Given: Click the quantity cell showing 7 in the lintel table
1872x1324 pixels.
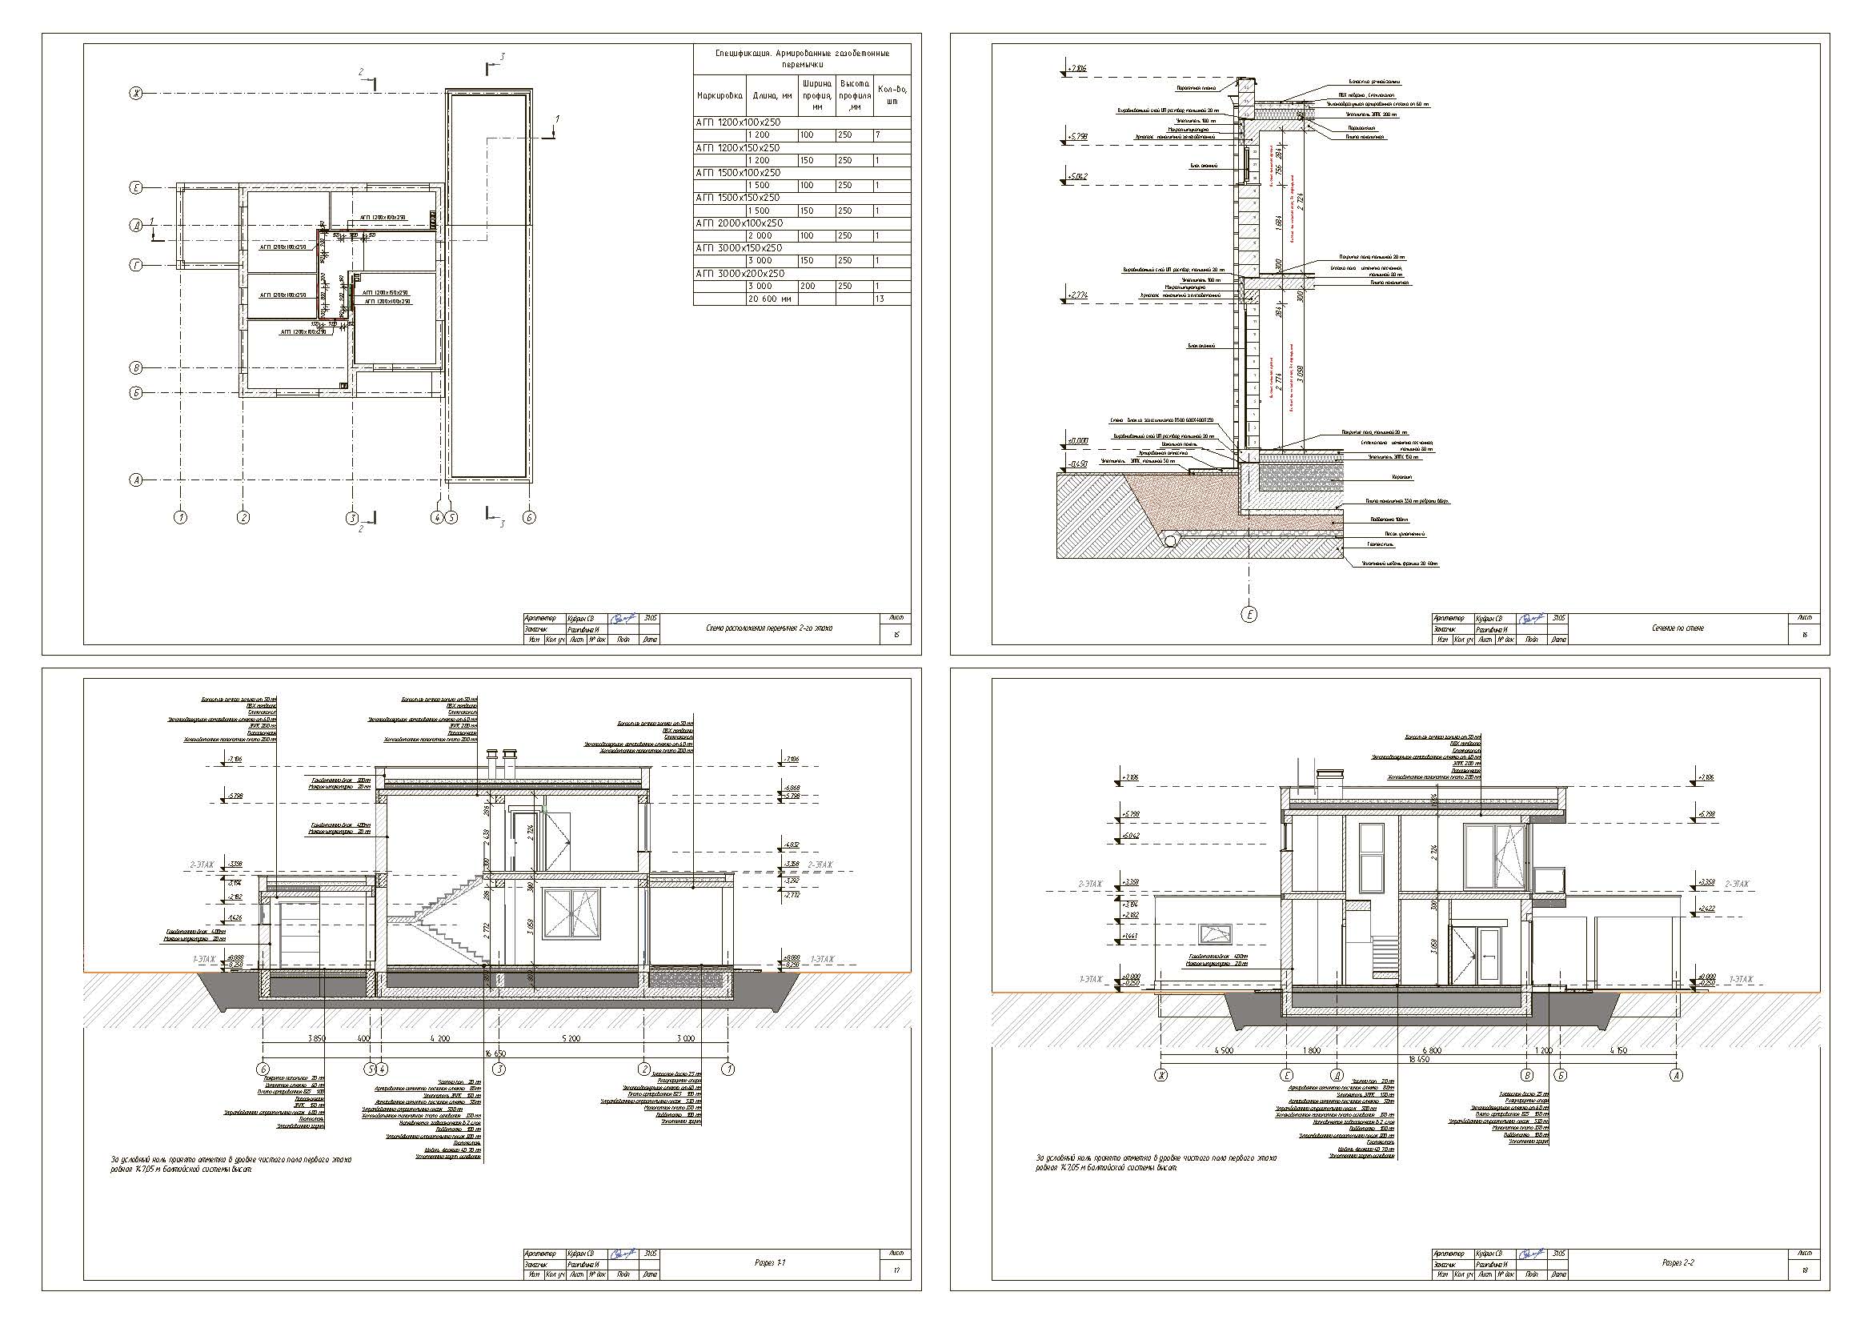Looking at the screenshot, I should [x=877, y=135].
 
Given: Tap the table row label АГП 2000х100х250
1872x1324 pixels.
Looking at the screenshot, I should [x=739, y=223].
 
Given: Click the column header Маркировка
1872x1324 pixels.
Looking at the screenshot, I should [x=720, y=96].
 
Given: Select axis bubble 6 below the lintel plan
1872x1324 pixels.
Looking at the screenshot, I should [x=529, y=517].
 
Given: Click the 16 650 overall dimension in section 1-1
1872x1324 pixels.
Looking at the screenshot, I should [x=495, y=1054].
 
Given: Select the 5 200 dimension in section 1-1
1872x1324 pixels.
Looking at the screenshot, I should [x=571, y=1039].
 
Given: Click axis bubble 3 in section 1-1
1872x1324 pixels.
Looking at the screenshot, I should [x=499, y=1069].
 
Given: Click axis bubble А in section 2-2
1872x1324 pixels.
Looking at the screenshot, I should [x=1677, y=1075].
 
